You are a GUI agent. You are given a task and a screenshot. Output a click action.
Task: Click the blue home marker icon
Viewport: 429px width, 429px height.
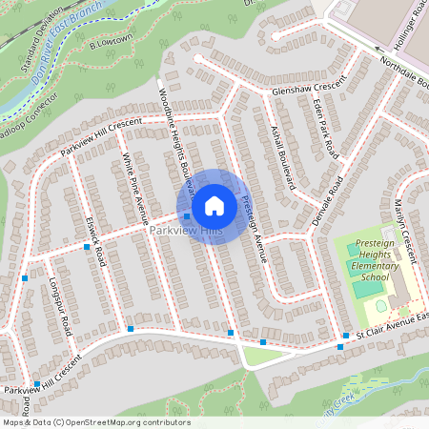coord(214,205)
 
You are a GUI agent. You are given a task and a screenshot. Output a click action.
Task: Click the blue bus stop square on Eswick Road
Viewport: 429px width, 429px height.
coord(87,247)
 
